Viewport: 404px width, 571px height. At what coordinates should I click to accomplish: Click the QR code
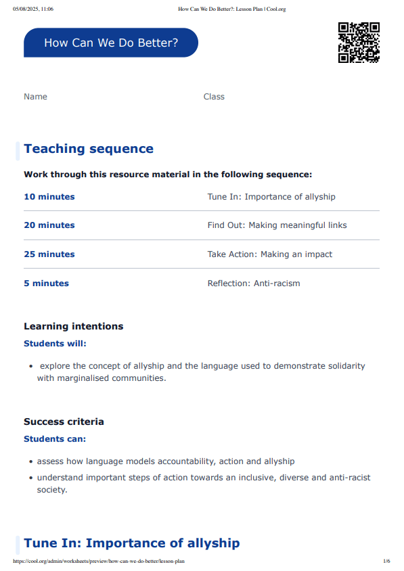359,43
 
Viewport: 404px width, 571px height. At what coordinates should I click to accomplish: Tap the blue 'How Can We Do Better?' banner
111,43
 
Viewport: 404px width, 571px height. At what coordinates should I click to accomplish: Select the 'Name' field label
35,97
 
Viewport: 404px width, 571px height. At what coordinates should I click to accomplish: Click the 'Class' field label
214,97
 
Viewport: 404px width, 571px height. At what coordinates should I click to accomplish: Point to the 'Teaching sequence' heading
89,149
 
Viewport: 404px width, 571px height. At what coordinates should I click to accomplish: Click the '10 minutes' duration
49,197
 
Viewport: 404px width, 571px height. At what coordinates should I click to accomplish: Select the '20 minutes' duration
49,225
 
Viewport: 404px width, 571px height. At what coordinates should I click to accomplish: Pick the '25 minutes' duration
49,254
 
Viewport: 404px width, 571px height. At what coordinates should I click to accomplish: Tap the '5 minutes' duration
46,283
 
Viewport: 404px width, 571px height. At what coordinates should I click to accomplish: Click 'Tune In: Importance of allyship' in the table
271,197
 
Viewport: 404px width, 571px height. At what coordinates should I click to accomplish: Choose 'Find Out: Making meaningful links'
277,225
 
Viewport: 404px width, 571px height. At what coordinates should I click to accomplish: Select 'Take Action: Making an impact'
270,254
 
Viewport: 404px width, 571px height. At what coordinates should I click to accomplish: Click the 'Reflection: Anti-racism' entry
254,283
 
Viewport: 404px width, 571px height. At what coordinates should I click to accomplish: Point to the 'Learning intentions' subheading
74,326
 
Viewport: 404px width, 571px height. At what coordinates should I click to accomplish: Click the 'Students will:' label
55,344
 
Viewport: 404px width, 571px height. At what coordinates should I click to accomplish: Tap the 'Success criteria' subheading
64,421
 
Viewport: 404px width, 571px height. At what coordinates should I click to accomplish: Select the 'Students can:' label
55,439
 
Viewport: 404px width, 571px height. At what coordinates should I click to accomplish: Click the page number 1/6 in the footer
386,562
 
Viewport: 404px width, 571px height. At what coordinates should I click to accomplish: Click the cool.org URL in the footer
99,562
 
